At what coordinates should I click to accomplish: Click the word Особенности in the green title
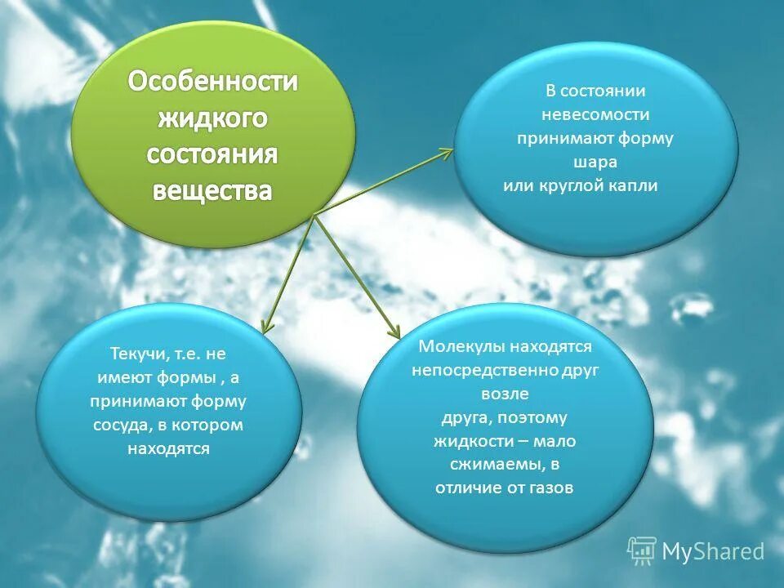(x=212, y=82)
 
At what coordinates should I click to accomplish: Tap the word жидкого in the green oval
(x=212, y=118)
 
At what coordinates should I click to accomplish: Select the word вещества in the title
(x=212, y=190)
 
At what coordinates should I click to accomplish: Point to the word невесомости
(x=595, y=115)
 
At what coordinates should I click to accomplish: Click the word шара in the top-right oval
(x=595, y=163)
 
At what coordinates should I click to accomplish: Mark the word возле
(x=505, y=394)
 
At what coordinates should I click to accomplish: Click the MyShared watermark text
(x=712, y=551)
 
